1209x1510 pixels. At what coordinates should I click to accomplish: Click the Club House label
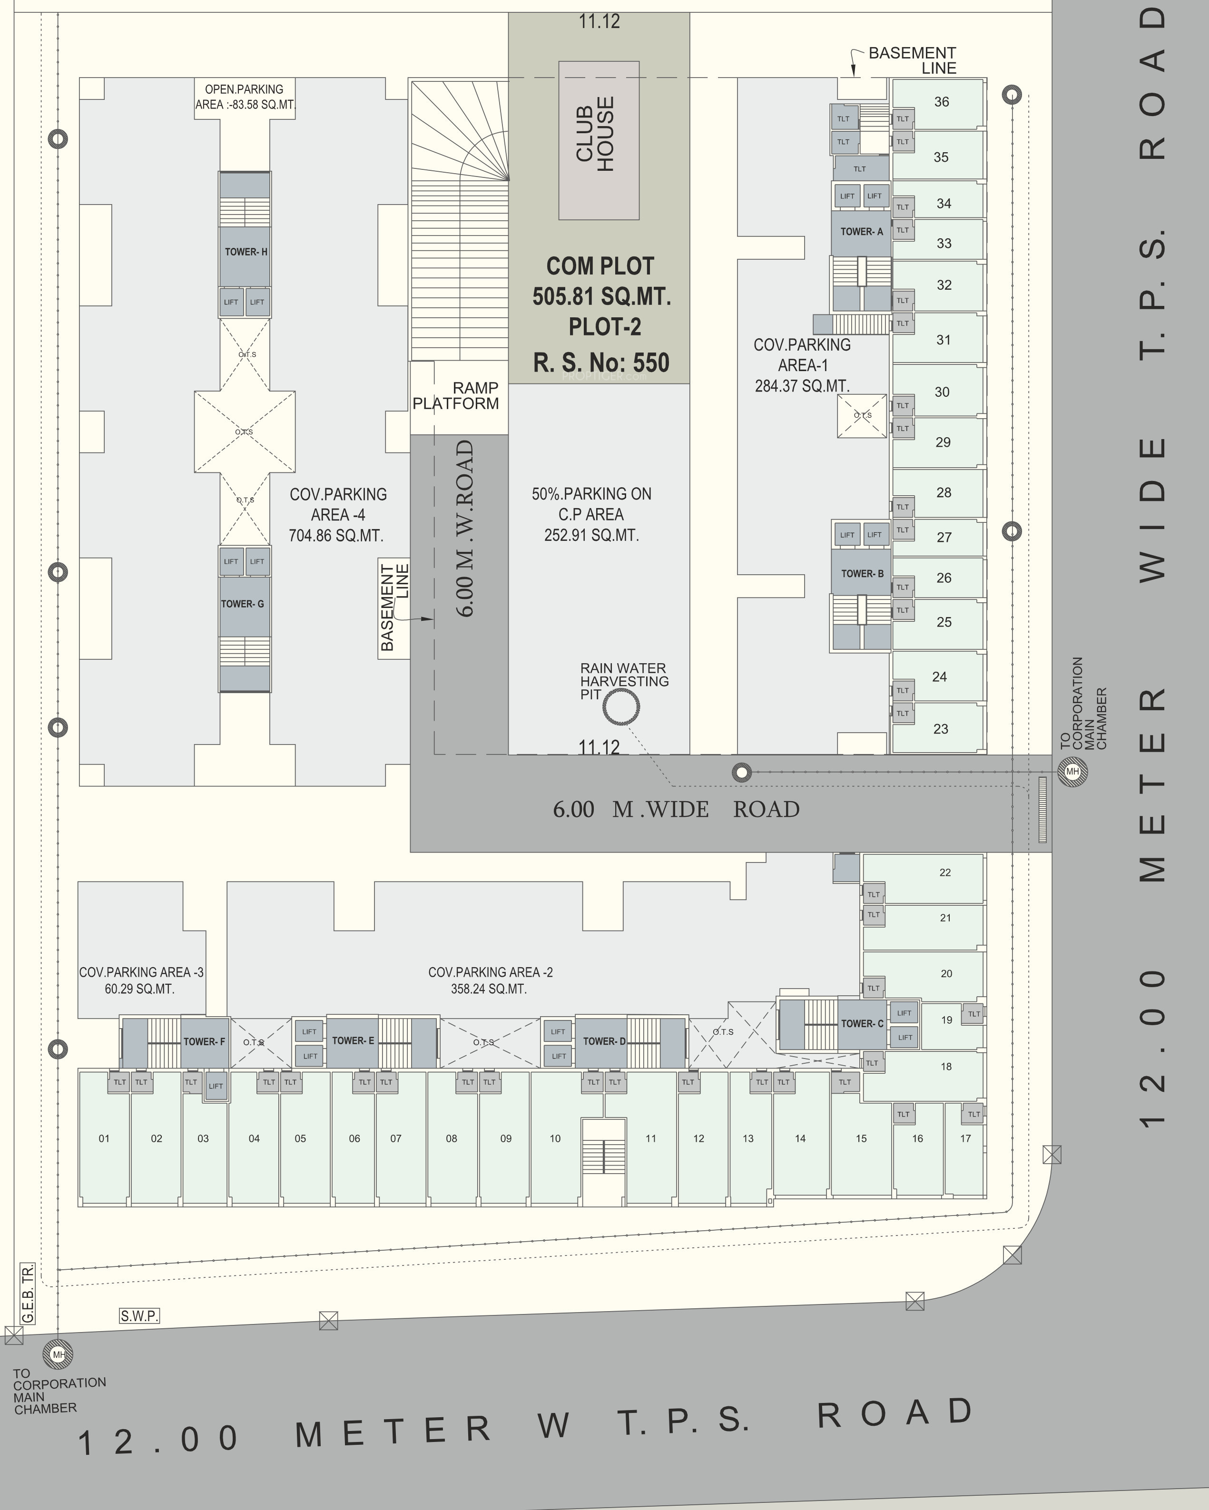(595, 135)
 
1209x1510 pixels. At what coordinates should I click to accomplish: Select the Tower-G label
(242, 604)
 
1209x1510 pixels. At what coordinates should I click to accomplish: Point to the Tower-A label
(862, 232)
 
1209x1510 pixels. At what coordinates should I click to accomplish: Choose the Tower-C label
(862, 1023)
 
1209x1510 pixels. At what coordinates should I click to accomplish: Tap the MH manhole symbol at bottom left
(58, 1354)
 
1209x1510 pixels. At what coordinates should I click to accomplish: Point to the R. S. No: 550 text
(601, 363)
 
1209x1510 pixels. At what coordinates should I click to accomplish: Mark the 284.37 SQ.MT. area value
(802, 386)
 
